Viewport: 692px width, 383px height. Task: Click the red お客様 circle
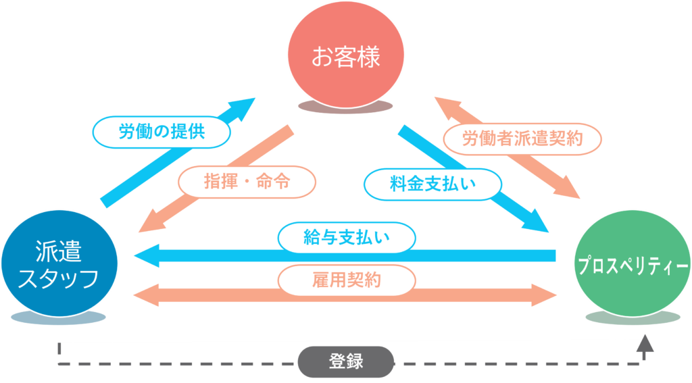[345, 55]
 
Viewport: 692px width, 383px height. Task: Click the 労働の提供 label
[162, 132]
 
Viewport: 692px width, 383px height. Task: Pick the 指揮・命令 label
[247, 181]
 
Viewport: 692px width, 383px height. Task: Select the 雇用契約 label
[346, 280]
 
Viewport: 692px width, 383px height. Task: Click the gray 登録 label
[346, 361]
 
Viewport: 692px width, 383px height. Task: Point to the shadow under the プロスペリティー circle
[633, 317]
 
